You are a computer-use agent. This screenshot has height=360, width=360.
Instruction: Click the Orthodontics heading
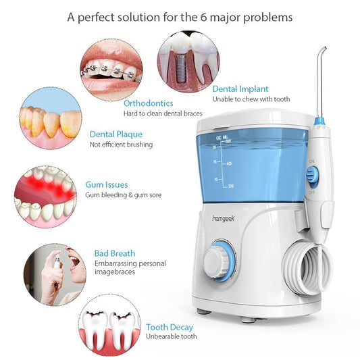[149, 103]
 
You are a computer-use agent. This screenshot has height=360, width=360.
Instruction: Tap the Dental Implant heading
[240, 89]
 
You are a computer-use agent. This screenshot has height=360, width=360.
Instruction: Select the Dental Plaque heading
[116, 134]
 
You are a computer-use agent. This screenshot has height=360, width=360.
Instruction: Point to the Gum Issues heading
[107, 184]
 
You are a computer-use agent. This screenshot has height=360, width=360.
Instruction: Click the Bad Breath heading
[115, 253]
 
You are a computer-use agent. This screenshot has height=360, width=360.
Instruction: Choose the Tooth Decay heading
[170, 328]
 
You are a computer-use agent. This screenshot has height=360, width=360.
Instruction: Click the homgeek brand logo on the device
[224, 218]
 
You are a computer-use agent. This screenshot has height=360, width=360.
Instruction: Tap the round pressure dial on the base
[220, 259]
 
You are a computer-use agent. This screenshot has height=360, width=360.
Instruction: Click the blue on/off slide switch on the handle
[313, 175]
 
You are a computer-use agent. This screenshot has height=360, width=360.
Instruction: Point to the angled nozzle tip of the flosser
[324, 49]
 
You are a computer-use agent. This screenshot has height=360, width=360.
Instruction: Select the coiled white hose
[307, 267]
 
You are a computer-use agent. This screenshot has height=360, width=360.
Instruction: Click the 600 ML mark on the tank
[228, 141]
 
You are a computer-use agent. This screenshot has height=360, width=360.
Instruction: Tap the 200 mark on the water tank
[231, 186]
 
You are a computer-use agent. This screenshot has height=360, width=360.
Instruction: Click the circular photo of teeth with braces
[111, 70]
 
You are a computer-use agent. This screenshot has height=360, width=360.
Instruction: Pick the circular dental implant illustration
[188, 62]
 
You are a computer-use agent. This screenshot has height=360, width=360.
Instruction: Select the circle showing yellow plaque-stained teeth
[51, 118]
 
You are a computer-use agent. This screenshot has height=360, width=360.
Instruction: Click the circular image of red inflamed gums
[45, 197]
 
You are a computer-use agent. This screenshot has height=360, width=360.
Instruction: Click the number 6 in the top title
[203, 17]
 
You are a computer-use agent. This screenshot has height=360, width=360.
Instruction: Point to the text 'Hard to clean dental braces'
[163, 113]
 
